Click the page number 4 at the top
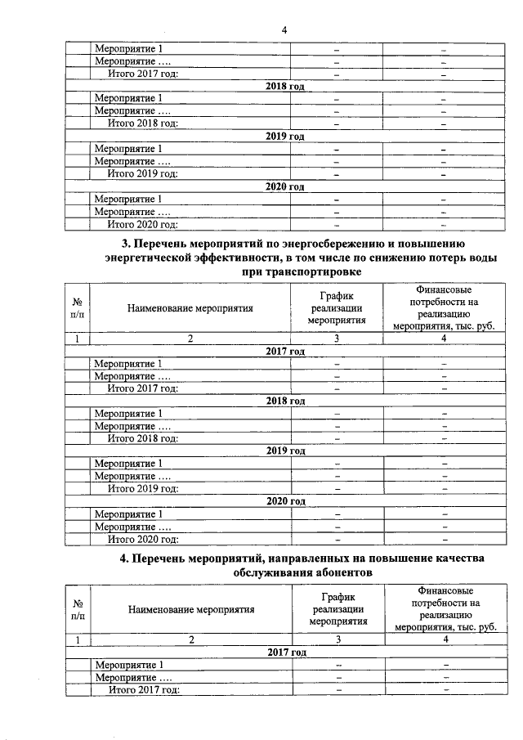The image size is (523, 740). coord(284,30)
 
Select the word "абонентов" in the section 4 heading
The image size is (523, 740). coord(339,573)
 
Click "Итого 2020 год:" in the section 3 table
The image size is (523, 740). coord(143,540)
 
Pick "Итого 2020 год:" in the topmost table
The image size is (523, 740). coord(143,224)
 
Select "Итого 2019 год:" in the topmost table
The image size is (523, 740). coord(143,174)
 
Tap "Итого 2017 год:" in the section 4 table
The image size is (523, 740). coord(144,690)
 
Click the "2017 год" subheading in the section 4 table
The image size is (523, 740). coord(286,653)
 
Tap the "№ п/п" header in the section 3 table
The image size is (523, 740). coord(77,308)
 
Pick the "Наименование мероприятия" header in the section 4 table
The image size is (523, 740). coord(190,609)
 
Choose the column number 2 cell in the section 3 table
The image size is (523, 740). coord(190,339)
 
